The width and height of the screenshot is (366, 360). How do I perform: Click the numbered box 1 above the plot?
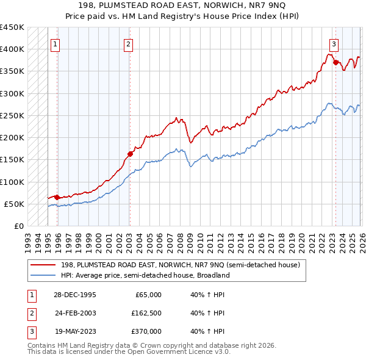56,43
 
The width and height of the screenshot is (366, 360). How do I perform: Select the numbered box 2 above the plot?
129,43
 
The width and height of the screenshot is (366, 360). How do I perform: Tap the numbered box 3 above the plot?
334,43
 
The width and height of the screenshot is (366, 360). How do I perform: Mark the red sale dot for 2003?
130,154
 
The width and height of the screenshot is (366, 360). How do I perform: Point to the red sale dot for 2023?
335,62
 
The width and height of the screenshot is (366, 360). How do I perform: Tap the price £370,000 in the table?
146,331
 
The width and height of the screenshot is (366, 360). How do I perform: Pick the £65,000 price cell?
148,295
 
